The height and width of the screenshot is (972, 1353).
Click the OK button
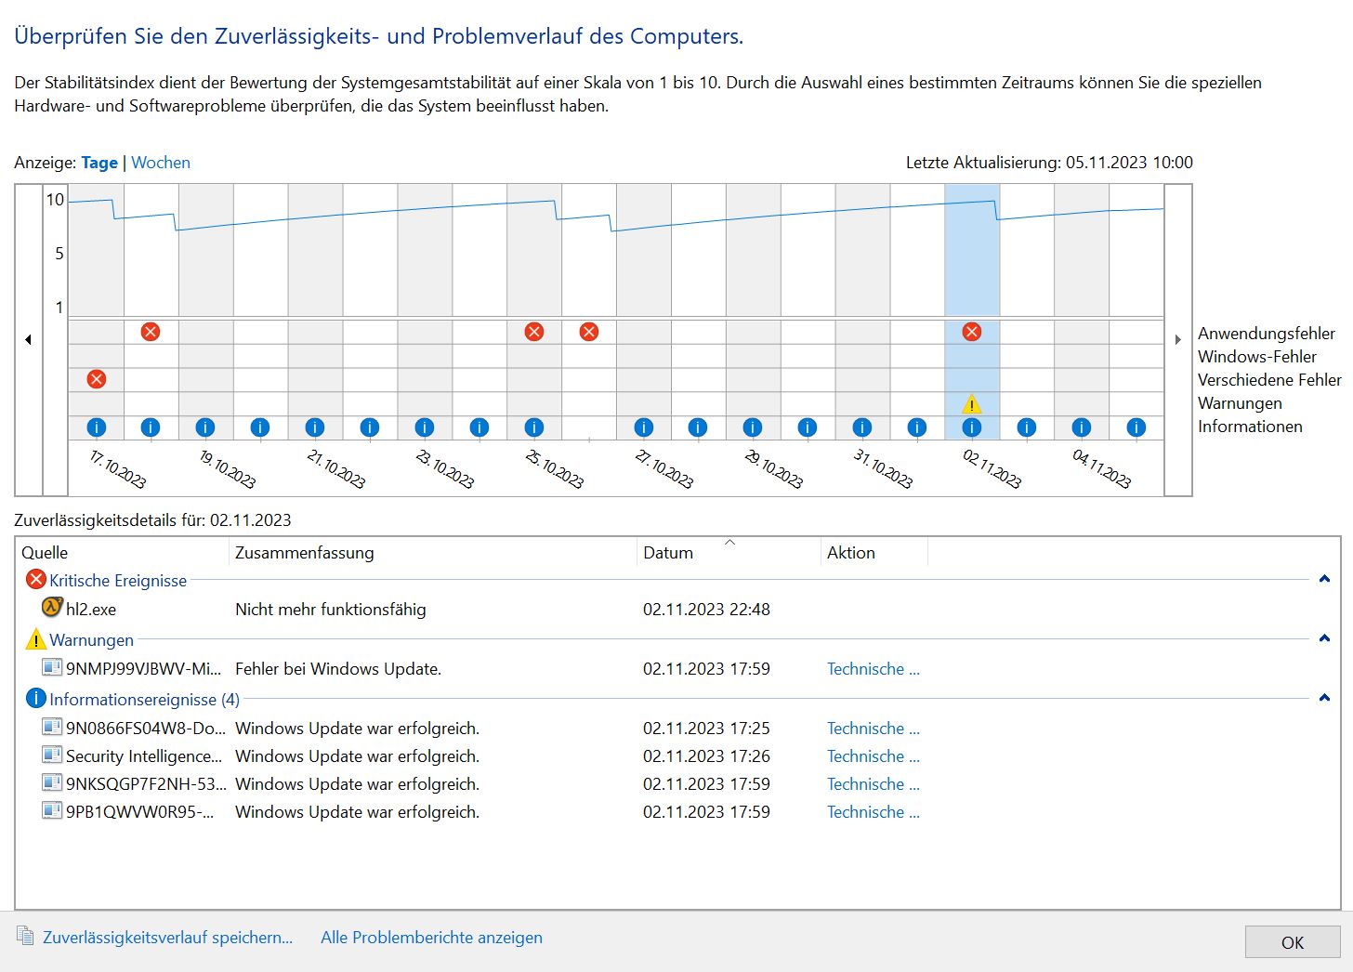coord(1292,942)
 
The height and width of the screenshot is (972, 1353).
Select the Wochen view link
coord(161,163)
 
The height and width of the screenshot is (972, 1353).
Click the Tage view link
coord(99,163)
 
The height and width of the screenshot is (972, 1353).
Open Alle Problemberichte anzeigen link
coord(431,938)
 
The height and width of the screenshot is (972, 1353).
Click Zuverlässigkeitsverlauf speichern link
coord(167,938)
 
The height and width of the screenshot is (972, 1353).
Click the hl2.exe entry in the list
coord(90,610)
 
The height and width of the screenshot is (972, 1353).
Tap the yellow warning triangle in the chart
coord(971,404)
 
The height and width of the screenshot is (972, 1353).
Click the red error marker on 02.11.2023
coord(972,332)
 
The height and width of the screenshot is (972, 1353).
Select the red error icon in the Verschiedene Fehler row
coord(97,379)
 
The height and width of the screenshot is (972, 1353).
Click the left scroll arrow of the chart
coord(29,340)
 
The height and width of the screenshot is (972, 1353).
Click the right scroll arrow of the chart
coord(1178,340)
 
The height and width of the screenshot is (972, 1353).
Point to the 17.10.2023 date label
coord(117,469)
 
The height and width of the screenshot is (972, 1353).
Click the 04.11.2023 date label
coord(1101,469)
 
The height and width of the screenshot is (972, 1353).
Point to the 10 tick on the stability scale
coord(56,200)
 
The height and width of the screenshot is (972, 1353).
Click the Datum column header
coord(668,553)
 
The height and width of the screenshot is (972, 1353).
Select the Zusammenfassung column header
coord(305,553)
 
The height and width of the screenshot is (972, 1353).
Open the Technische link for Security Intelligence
coord(873,756)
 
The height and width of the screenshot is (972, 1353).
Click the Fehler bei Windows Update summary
coord(338,669)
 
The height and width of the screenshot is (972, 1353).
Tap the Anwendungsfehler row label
coord(1266,334)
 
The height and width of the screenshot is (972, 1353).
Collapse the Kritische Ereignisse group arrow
coord(1324,580)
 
